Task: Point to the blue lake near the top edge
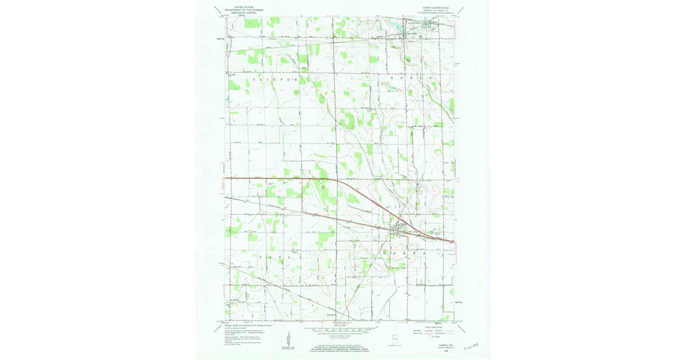[394, 23]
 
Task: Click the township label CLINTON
[274, 81]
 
